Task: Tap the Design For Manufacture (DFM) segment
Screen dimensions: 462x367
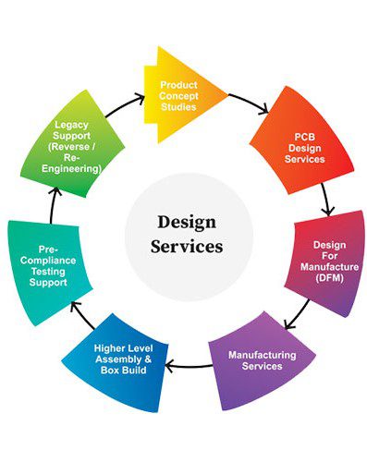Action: [328, 262]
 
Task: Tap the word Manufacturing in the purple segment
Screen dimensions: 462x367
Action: [263, 355]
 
